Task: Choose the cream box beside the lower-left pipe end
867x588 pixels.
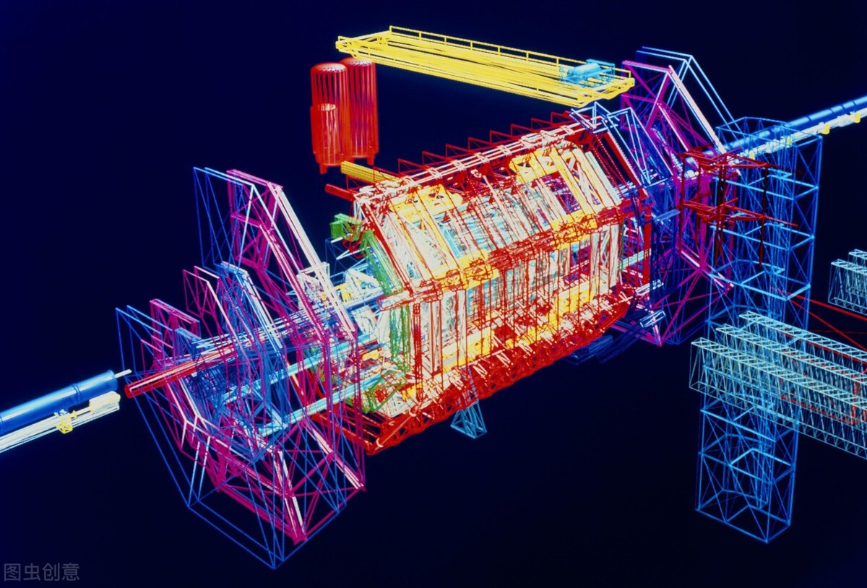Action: click(x=110, y=400)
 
